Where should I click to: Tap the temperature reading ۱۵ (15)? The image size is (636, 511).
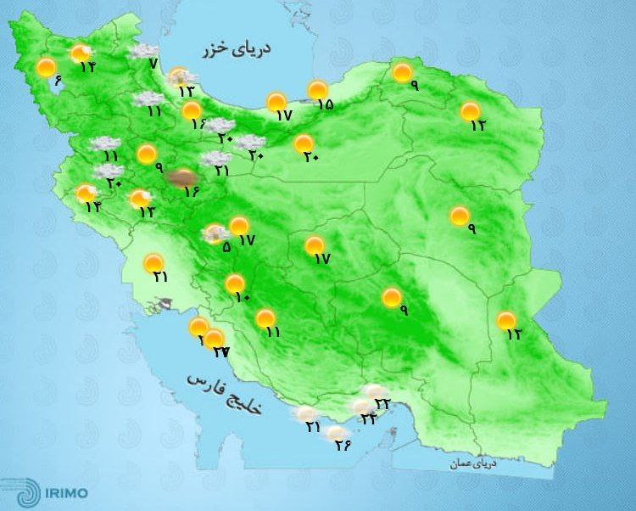point(324,104)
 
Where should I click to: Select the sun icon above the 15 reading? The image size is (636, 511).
point(317,90)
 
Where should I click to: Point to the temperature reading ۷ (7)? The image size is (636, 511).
point(153,65)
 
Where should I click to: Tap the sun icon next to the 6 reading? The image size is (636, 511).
point(46,67)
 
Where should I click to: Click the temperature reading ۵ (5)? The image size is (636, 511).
point(226,247)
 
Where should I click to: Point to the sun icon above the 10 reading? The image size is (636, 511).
point(234,284)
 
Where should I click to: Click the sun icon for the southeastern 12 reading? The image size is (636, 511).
point(506,320)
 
